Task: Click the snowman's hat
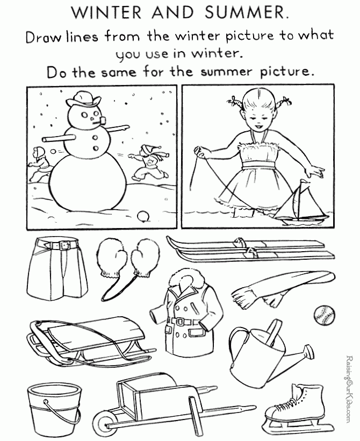83,98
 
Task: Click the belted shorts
57,267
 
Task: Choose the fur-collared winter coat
187,309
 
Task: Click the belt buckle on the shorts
65,246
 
